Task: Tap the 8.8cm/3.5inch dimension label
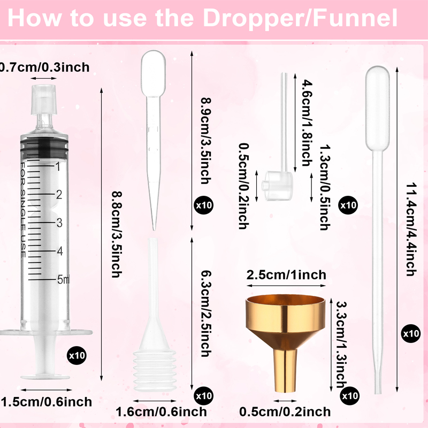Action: [x=117, y=234]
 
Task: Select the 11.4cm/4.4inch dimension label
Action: [x=411, y=230]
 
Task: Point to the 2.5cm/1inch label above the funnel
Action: [x=286, y=275]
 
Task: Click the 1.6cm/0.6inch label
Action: [x=161, y=411]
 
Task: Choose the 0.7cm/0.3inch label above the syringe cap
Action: [x=44, y=67]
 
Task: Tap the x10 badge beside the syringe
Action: [x=77, y=355]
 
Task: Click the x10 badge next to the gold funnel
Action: [x=350, y=396]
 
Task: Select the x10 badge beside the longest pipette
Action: [x=411, y=333]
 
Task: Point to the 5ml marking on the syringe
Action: [x=63, y=279]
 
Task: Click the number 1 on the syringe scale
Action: [x=58, y=166]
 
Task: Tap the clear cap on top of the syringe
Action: [x=44, y=100]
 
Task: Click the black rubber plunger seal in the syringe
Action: [x=44, y=148]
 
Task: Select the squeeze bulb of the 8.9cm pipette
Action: [x=154, y=73]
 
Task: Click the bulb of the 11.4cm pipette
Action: [x=378, y=109]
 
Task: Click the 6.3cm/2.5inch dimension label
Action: [x=207, y=314]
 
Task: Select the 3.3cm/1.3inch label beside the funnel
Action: [x=341, y=345]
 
